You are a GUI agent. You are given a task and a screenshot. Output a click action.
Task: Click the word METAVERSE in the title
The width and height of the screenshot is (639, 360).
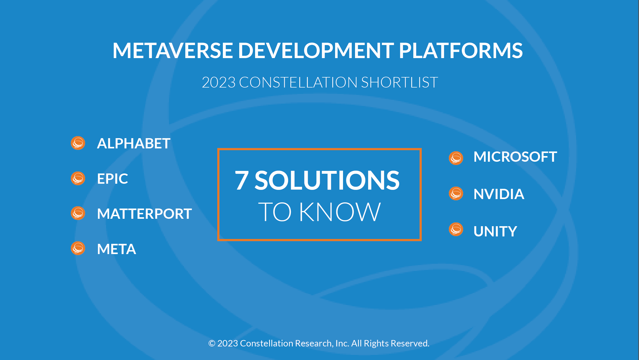point(173,50)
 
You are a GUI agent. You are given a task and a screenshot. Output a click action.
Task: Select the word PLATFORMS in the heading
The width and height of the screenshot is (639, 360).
point(461,50)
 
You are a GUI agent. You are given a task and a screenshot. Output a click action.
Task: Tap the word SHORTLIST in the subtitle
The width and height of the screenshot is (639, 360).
point(400,82)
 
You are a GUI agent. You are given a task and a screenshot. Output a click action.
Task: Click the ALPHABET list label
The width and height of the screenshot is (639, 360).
point(134,143)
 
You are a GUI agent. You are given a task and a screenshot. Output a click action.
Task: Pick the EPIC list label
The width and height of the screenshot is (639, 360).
point(112,179)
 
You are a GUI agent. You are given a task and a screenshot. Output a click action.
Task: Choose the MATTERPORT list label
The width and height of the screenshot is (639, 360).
point(144,214)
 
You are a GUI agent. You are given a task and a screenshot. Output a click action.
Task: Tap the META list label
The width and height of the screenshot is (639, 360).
point(117,249)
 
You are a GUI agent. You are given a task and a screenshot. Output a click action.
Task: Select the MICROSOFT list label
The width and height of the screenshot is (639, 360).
point(515,157)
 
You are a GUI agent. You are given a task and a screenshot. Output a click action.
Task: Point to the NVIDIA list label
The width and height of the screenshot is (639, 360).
point(499,194)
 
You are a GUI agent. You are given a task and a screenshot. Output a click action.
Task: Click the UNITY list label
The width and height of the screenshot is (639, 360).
point(495,231)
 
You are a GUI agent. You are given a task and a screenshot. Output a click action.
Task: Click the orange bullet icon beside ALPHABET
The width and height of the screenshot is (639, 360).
point(78,143)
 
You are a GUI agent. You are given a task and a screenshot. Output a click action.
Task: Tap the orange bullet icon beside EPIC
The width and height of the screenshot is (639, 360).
point(78,178)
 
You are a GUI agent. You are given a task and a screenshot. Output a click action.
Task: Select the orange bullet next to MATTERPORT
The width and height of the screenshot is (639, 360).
point(78,213)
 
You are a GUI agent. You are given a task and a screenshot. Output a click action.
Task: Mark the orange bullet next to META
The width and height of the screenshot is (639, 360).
point(78,248)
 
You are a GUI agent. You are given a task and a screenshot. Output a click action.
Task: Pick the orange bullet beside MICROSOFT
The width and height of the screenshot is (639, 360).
point(456,158)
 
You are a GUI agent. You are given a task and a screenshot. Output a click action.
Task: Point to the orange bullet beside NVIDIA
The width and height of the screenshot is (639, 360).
point(456,193)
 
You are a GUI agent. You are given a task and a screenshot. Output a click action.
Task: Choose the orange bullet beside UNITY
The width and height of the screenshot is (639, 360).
point(456,229)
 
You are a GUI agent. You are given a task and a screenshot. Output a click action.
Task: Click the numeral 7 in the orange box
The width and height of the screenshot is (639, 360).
point(242,181)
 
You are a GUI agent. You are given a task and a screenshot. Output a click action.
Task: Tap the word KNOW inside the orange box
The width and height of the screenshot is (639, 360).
point(340,212)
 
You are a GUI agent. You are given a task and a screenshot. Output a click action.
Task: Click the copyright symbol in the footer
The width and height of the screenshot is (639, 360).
point(212,343)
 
